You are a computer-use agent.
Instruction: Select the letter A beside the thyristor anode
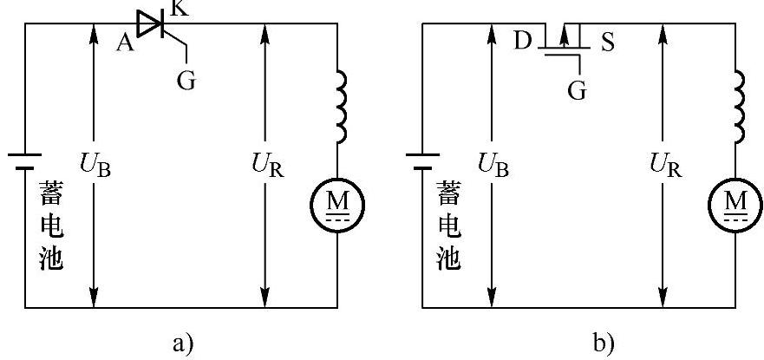point(125,43)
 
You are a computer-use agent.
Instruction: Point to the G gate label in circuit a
point(186,81)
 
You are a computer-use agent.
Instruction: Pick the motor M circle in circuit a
point(337,205)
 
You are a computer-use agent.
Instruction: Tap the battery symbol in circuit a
point(25,161)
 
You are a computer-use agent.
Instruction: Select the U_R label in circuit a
point(267,166)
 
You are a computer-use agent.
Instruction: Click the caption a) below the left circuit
point(183,344)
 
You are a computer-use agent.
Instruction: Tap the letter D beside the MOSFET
point(522,42)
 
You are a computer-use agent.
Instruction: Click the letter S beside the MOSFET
point(608,43)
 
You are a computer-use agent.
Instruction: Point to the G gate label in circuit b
point(578,90)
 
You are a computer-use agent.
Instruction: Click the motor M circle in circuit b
point(735,205)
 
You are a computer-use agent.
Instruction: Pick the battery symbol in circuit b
point(422,161)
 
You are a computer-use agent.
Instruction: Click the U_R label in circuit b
point(666,166)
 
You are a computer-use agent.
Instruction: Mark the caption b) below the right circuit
point(604,344)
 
